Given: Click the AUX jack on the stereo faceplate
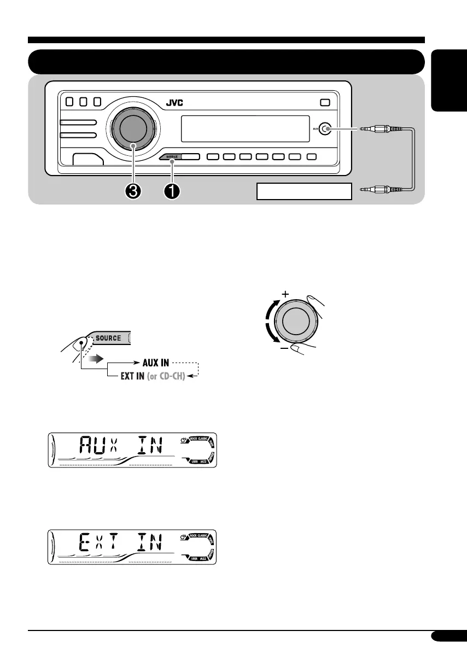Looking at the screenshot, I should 325,129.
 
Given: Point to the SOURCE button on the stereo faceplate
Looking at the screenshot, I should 171,157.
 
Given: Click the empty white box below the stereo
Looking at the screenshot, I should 303,191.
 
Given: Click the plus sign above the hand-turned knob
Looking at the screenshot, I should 284,294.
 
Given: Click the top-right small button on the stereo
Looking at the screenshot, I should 325,102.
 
